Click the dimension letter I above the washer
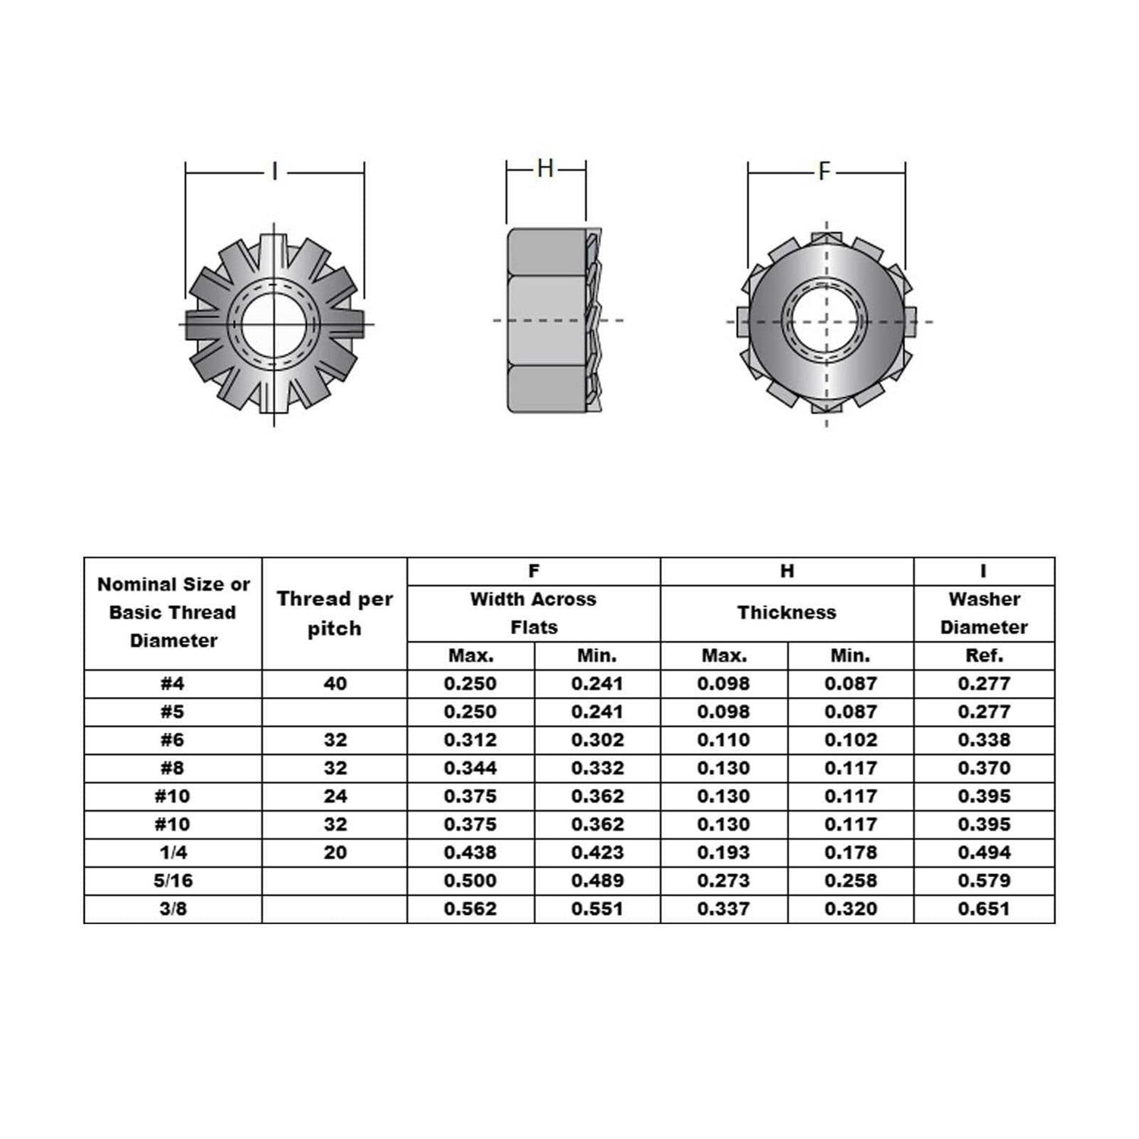[x=275, y=172]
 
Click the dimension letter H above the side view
[x=545, y=168]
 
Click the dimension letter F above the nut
[x=825, y=172]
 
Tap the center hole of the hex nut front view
[x=825, y=321]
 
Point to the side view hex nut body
[x=547, y=321]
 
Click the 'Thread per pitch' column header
[x=334, y=614]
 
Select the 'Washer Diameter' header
[x=984, y=613]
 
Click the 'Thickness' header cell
[x=787, y=613]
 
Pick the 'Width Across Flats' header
[x=533, y=613]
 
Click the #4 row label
[x=172, y=683]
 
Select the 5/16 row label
[x=172, y=881]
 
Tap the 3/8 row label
[x=172, y=909]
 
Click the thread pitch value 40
[x=335, y=683]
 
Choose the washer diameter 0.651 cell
[x=984, y=909]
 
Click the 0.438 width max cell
[x=471, y=853]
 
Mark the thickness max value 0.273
[x=724, y=881]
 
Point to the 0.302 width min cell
[x=597, y=740]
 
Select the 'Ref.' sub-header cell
[x=984, y=655]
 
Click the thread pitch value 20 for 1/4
[x=335, y=853]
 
